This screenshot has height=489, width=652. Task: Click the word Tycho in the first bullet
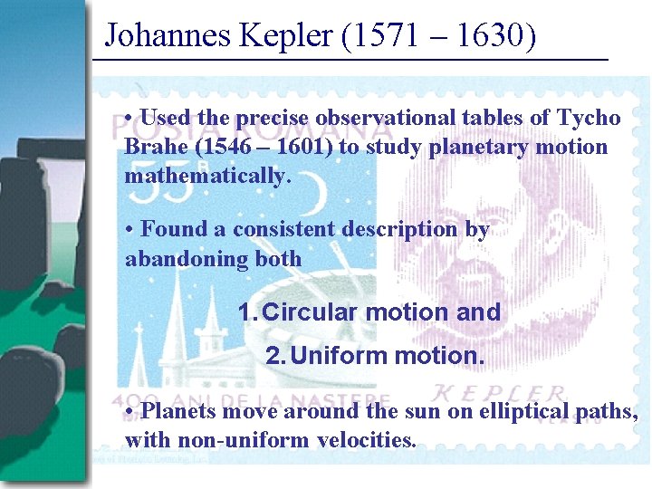(590, 118)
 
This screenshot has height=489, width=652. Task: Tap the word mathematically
(207, 175)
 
